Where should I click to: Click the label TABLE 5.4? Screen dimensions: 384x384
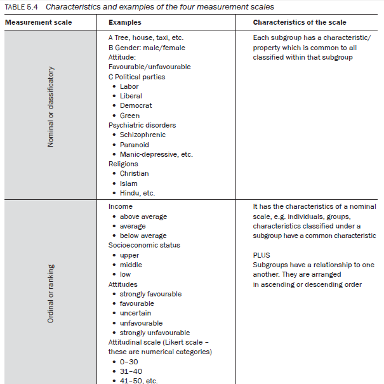[22, 7]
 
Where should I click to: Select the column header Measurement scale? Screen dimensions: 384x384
[38, 23]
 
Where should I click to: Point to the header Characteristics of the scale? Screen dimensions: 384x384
[299, 23]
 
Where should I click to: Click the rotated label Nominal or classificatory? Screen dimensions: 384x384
[51, 107]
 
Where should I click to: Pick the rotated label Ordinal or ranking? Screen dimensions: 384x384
[51, 293]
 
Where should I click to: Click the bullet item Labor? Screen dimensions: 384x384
[129, 86]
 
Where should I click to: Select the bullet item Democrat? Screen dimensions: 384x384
[136, 105]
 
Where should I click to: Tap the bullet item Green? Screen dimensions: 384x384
[129, 116]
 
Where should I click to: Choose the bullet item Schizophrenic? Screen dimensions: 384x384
[143, 135]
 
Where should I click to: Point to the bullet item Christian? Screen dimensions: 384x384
[134, 173]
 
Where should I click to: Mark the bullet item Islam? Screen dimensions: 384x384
[128, 183]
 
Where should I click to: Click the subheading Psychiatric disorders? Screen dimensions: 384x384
[142, 125]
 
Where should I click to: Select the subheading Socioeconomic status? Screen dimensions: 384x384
[144, 245]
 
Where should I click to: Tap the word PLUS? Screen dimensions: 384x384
[261, 255]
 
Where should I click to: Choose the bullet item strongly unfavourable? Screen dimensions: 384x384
[155, 333]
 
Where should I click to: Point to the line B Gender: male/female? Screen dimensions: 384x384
[147, 47]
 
